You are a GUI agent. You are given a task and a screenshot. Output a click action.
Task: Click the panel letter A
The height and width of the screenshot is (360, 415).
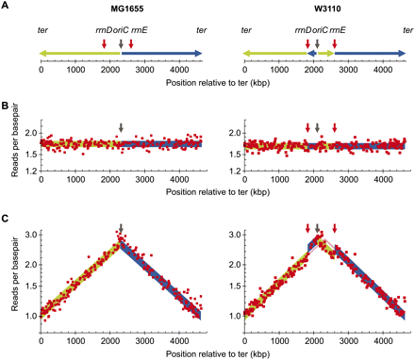click(5, 6)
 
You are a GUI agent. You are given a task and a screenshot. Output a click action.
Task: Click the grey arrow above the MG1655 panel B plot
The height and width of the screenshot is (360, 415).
click(121, 128)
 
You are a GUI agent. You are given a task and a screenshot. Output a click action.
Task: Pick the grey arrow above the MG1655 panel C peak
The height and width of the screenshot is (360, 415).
click(121, 231)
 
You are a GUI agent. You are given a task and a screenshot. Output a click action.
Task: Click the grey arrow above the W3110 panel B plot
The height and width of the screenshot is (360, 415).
click(318, 128)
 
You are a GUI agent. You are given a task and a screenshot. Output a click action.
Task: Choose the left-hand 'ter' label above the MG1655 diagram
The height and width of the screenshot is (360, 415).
click(41, 30)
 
